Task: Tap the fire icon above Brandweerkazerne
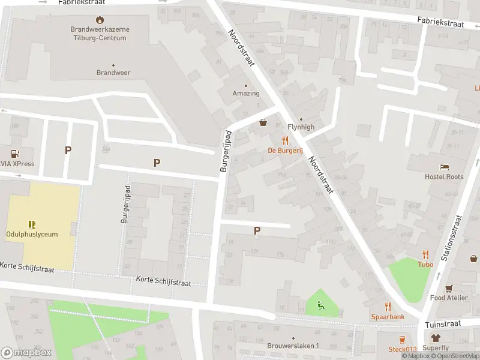click(x=100, y=20)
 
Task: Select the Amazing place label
click(x=246, y=93)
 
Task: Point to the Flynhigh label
click(x=301, y=127)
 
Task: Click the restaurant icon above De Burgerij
click(x=285, y=140)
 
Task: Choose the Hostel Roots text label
click(x=444, y=177)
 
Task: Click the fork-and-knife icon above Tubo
click(x=425, y=254)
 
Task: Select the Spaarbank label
click(x=387, y=316)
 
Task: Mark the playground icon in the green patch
click(x=321, y=306)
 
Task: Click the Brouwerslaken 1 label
click(x=293, y=346)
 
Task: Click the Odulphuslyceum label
click(x=32, y=234)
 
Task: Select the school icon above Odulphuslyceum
click(x=32, y=224)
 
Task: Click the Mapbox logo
click(x=26, y=352)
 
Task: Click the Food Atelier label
click(x=448, y=298)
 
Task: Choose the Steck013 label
click(x=402, y=349)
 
